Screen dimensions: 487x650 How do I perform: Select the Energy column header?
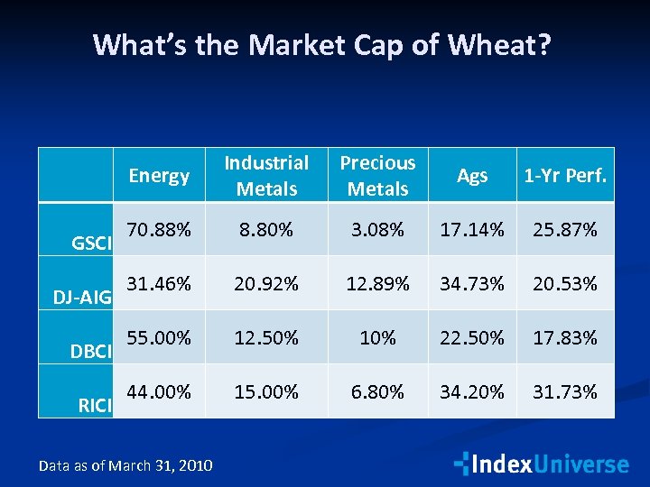pos(159,176)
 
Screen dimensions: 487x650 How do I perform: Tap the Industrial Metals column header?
pos(266,176)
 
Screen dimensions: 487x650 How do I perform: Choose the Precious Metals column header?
pos(377,176)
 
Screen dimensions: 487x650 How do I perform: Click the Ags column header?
pos(472,177)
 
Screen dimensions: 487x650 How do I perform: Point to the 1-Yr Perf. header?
pos(565,177)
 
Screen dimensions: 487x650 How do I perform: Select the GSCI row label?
pos(91,243)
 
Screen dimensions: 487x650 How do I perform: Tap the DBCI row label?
pos(91,351)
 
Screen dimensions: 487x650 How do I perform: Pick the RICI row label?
pos(95,405)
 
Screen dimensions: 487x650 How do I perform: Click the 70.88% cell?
pos(159,230)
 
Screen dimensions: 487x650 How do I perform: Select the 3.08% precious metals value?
pos(377,230)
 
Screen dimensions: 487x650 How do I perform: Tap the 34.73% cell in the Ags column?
pos(472,284)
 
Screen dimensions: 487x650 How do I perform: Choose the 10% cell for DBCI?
pos(377,338)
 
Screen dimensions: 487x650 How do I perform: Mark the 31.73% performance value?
pos(565,392)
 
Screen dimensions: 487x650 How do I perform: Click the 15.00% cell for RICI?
pos(266,392)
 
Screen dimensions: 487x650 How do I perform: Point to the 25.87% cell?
pos(565,230)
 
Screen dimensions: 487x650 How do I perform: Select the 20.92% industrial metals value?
pos(266,284)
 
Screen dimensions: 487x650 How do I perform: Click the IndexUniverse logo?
pos(541,464)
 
